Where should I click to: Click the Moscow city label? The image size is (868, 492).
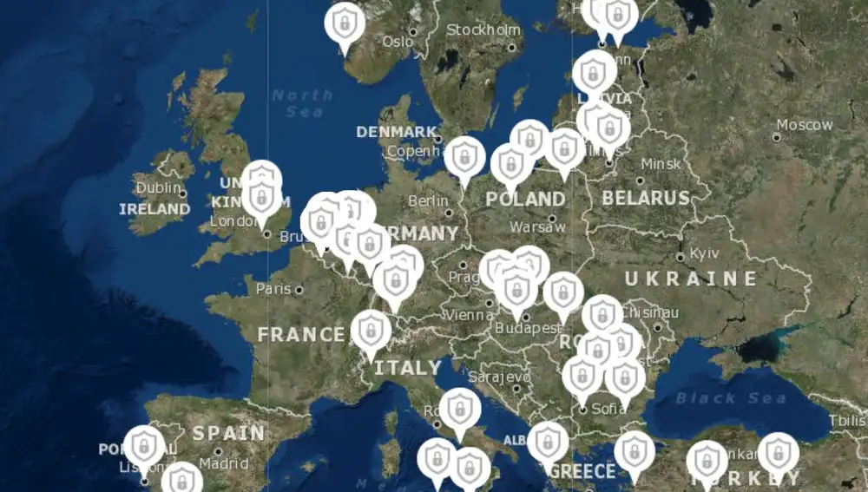pyautogui.click(x=804, y=125)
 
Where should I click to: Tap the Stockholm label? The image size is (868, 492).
pyautogui.click(x=483, y=30)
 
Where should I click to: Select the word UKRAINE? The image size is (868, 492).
pyautogui.click(x=691, y=279)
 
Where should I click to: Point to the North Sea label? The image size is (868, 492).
pyautogui.click(x=302, y=102)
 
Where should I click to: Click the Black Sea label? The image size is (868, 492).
pyautogui.click(x=731, y=398)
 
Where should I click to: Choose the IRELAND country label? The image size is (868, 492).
pyautogui.click(x=155, y=209)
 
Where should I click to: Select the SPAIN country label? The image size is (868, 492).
pyautogui.click(x=228, y=433)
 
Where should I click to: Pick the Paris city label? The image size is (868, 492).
pyautogui.click(x=273, y=288)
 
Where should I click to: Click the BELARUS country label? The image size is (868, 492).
pyautogui.click(x=646, y=198)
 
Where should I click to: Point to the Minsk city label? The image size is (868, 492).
pyautogui.click(x=661, y=164)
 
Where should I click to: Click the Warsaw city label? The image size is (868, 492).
pyautogui.click(x=537, y=226)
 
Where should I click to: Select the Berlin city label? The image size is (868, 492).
pyautogui.click(x=428, y=201)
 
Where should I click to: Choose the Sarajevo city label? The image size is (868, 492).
pyautogui.click(x=499, y=377)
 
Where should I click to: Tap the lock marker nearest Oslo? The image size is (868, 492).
pyautogui.click(x=345, y=24)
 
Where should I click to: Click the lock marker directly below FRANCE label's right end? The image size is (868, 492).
pyautogui.click(x=371, y=332)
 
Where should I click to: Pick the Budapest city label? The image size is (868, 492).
pyautogui.click(x=526, y=328)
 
